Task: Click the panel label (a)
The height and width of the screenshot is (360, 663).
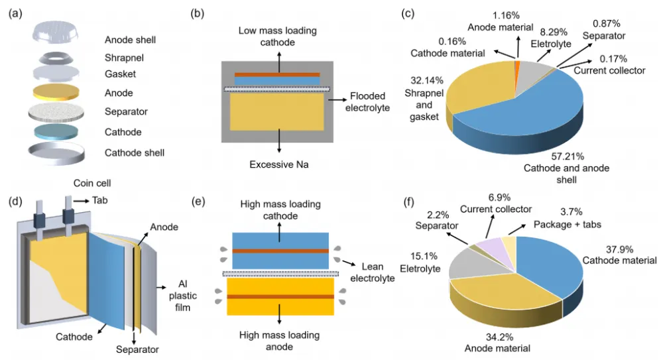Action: click(17, 13)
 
